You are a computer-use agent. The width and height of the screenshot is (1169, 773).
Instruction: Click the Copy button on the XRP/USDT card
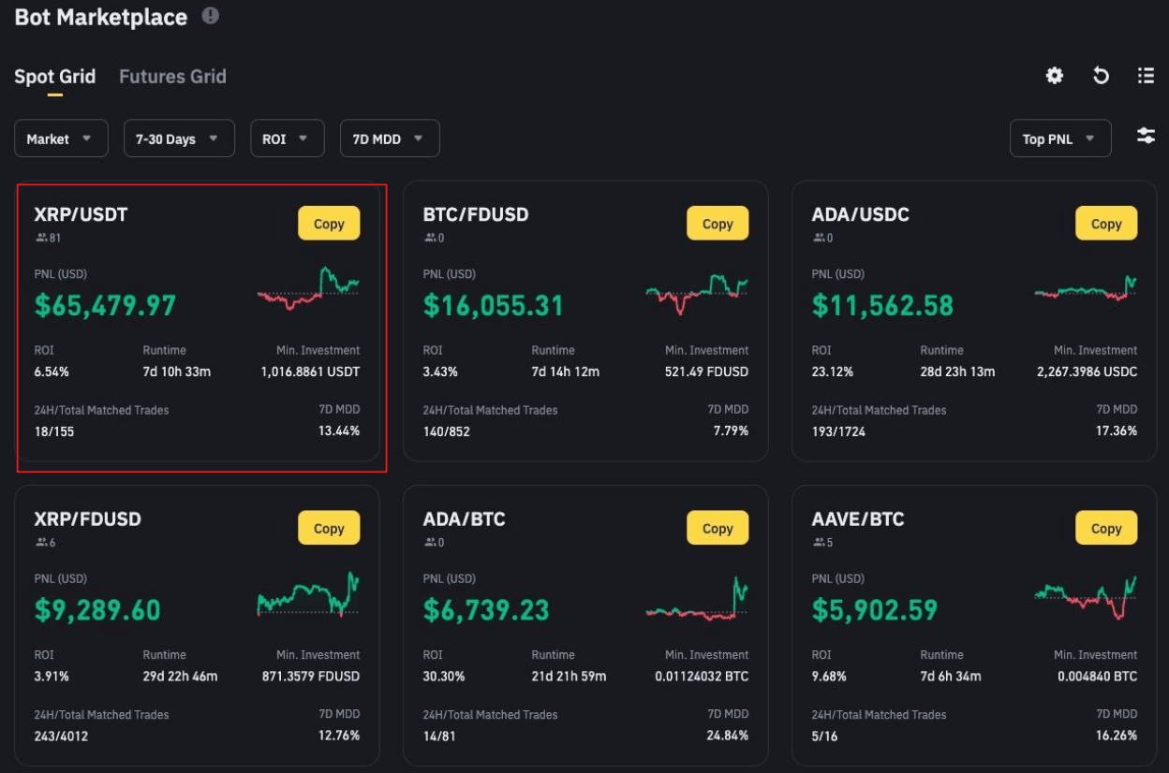[329, 224]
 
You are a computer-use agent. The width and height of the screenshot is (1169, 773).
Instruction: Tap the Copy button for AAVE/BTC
[1105, 528]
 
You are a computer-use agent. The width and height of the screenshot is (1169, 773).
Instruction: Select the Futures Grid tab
[172, 77]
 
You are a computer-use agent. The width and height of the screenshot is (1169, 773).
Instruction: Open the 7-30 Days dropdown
[178, 139]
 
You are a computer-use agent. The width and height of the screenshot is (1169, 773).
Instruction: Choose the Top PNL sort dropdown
[1059, 139]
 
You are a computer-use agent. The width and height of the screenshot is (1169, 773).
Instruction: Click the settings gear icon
[1055, 76]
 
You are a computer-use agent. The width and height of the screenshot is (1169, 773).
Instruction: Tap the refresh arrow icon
[1102, 76]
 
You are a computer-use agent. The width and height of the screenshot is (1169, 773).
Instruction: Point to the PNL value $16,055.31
[494, 305]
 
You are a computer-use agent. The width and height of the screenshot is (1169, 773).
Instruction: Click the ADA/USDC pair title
[860, 214]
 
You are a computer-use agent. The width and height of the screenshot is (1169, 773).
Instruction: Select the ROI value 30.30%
[444, 676]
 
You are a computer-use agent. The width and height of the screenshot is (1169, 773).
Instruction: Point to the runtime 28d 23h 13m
[957, 372]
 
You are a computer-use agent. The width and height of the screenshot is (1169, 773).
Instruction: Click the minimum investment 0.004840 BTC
[1097, 676]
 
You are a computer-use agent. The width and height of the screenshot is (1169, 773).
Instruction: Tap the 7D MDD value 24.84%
[728, 736]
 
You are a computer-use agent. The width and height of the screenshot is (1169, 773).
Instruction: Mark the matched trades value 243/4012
[62, 736]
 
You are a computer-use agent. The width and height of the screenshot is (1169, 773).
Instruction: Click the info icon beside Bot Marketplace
[211, 16]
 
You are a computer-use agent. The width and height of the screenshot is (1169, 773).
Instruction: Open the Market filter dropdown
[61, 139]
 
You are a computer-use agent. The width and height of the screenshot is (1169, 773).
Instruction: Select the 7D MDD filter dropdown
[389, 139]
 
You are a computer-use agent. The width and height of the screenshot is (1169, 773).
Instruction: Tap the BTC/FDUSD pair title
[476, 214]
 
